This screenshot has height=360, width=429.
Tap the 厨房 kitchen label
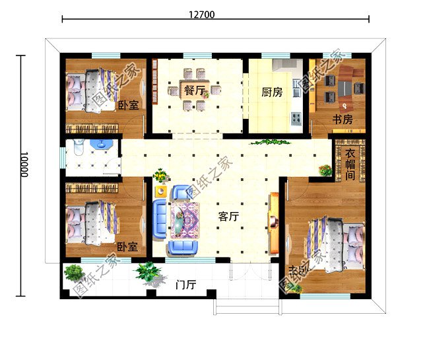(x=272, y=92)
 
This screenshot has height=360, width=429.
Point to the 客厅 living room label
(x=228, y=216)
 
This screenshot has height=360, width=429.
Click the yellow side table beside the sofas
(x=160, y=191)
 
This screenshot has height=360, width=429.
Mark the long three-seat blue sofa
(x=160, y=218)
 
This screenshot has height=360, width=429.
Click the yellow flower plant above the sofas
(x=160, y=176)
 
